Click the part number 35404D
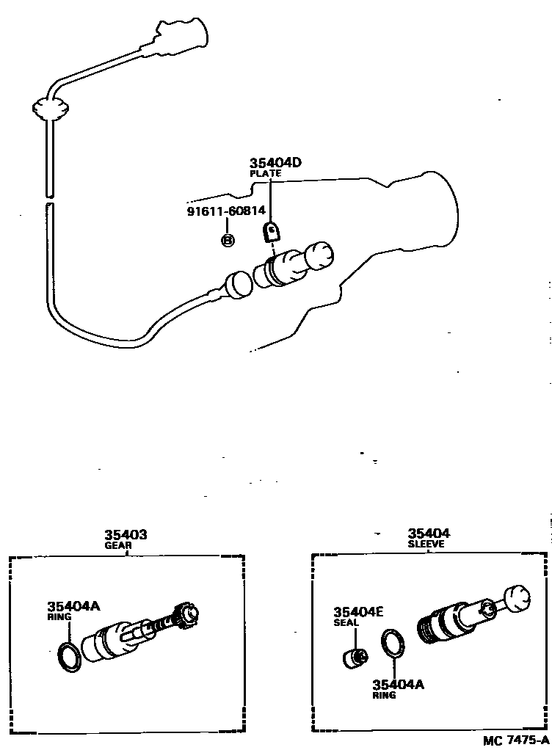coord(275,163)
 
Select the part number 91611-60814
coord(225,211)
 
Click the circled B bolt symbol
coord(228,240)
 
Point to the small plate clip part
coord(272,233)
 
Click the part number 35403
coord(125,535)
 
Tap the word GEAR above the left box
coord(117,546)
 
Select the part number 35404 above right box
coord(429,534)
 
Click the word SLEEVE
coord(426,545)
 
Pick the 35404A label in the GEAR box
coord(73,606)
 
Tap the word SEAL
coord(346,623)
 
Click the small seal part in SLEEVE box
coord(356,655)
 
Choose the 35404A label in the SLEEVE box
coord(398,684)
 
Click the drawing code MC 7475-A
coord(515,740)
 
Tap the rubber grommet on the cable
coord(50,109)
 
